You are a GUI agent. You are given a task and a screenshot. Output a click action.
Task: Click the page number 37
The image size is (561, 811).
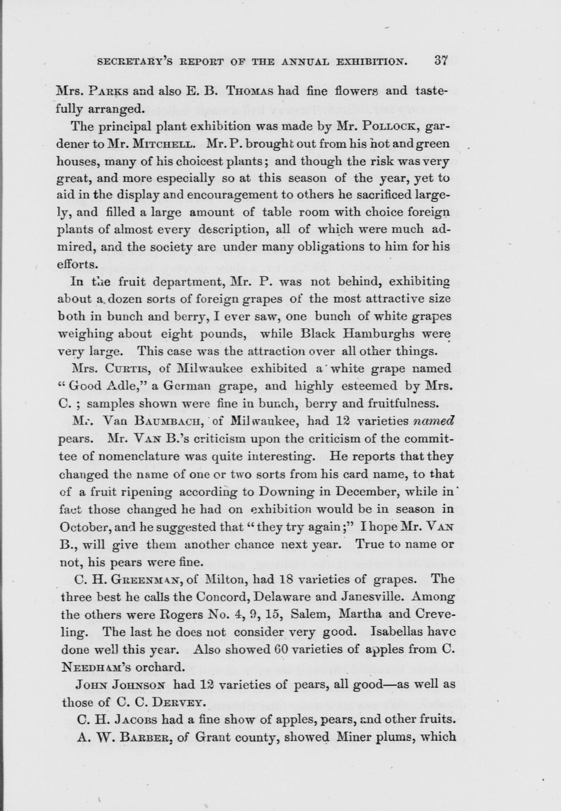(440, 60)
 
